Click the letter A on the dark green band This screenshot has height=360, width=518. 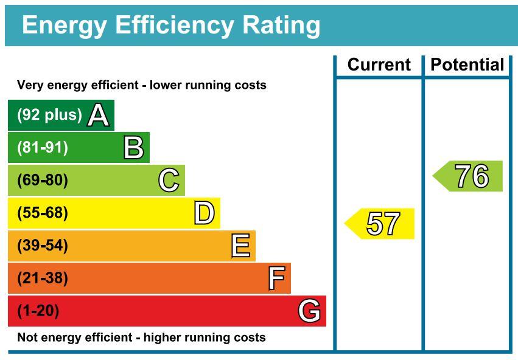coord(98,115)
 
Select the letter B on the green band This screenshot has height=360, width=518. coord(134,148)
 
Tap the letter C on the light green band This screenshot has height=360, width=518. coord(169,180)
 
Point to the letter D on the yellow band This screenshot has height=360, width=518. coord(205,213)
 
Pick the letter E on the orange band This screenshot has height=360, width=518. coord(240,246)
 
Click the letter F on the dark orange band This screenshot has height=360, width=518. coord(277,278)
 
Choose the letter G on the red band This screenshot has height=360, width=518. coord(309,311)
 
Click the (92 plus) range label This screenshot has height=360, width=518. coord(49,115)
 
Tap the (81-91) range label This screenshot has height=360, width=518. coord(43,148)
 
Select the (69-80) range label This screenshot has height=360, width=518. coord(43,180)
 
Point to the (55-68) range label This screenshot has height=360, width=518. coord(43,213)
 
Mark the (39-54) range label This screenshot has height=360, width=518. coord(43,246)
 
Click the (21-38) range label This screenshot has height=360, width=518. coord(43,278)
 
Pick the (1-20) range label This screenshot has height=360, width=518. coord(38,311)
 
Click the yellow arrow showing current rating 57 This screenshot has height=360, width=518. coord(379,223)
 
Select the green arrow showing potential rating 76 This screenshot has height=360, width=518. coord(467,176)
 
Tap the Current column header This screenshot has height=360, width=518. coord(379,64)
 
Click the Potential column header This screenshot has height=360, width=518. coord(467,64)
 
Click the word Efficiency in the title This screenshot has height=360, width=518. coord(175,26)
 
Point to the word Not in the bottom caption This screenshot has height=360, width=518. coord(26,337)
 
